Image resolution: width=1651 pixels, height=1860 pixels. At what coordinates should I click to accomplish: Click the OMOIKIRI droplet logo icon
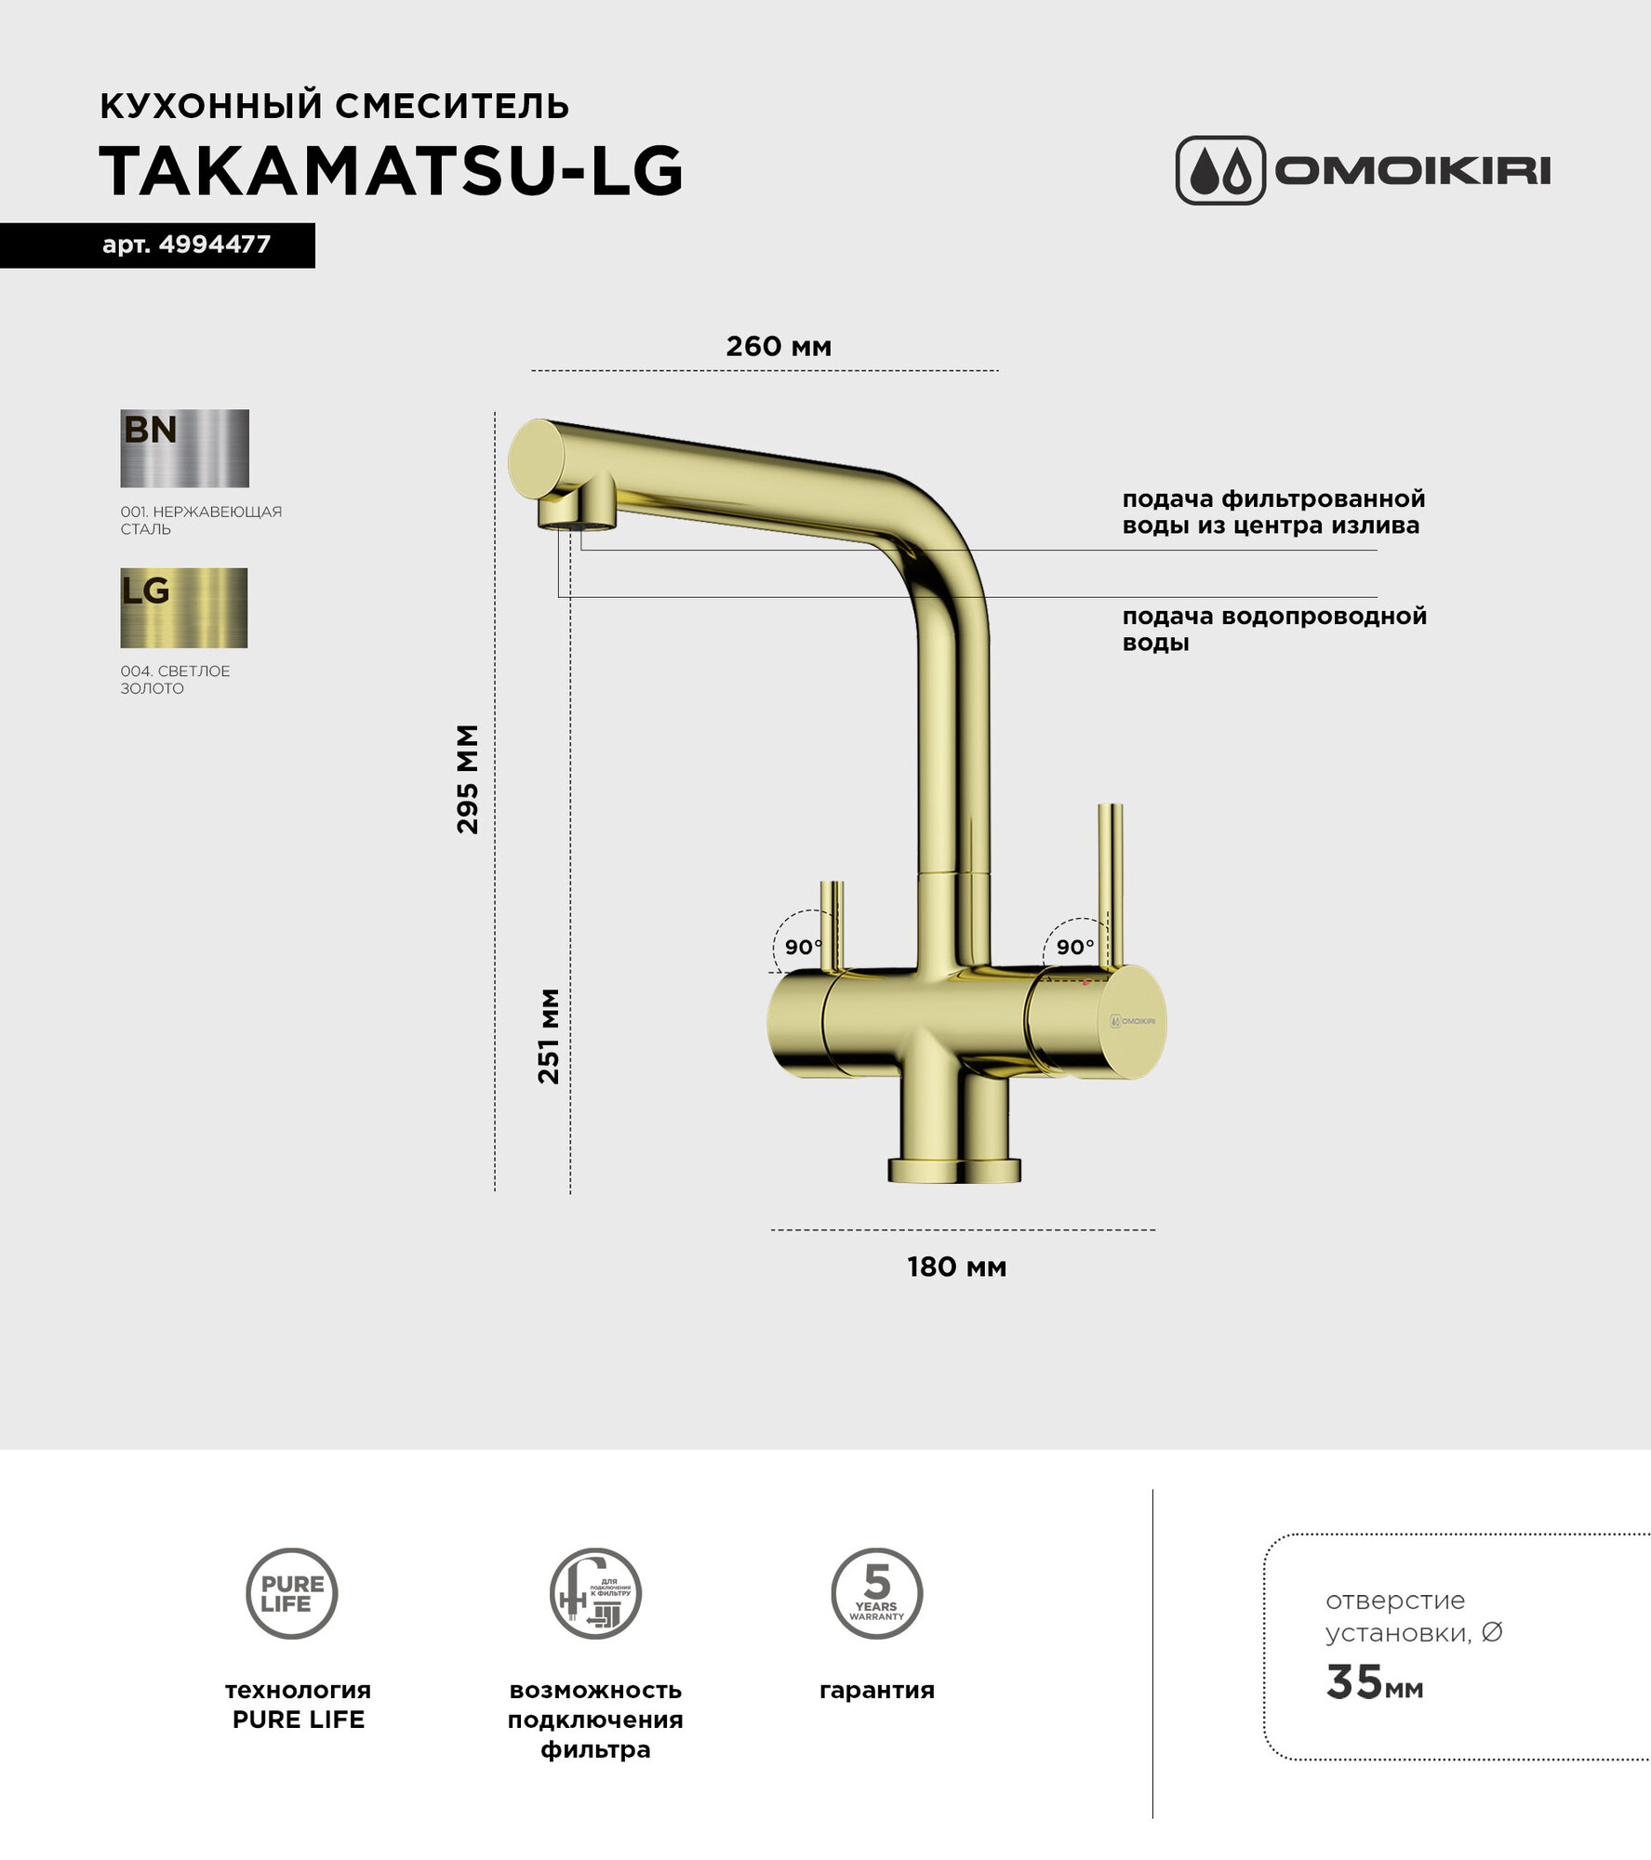[x=1220, y=171]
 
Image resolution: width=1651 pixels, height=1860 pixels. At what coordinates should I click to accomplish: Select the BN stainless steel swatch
[x=184, y=448]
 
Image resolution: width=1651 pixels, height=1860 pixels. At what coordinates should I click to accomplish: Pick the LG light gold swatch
[x=183, y=607]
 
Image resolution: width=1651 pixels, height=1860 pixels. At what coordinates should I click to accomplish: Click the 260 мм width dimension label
[x=779, y=347]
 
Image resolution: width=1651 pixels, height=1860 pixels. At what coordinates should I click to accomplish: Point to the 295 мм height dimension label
[x=468, y=778]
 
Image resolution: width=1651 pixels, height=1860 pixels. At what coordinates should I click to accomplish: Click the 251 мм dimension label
[x=550, y=1036]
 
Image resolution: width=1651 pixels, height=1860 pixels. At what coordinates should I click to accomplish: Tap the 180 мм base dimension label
[x=956, y=1267]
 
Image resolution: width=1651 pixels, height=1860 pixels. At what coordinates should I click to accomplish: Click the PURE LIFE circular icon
[x=292, y=1593]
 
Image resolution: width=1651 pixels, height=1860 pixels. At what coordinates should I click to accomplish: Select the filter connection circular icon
[x=595, y=1593]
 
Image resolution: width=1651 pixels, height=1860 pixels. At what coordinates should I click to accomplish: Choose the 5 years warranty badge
[x=876, y=1593]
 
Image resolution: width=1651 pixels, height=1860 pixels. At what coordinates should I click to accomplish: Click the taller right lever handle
[x=1110, y=883]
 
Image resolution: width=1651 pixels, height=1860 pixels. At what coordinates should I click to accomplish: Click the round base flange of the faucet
[x=954, y=1170]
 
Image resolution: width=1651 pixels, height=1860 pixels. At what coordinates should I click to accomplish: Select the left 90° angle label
[x=803, y=947]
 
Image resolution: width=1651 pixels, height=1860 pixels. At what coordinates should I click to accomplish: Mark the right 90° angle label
[x=1074, y=947]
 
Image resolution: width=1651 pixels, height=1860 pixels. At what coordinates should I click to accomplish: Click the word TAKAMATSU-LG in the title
[x=392, y=172]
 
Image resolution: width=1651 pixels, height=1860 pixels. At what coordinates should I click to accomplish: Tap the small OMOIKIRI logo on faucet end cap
[x=1133, y=1021]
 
